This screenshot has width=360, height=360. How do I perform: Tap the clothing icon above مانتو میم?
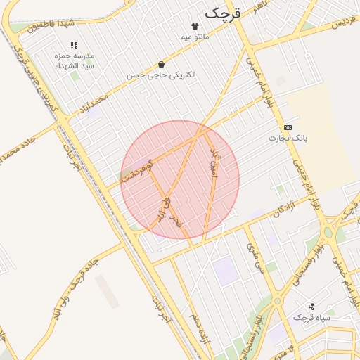pyautogui.click(x=195, y=26)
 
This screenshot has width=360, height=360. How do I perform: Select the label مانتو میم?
pyautogui.click(x=195, y=37)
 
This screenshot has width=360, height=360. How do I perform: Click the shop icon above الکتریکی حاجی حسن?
pyautogui.click(x=162, y=64)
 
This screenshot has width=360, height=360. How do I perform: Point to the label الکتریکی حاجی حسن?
pyautogui.click(x=162, y=75)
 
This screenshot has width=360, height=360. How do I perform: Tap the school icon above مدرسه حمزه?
pyautogui.click(x=75, y=45)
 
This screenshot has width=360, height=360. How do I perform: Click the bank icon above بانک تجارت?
pyautogui.click(x=288, y=127)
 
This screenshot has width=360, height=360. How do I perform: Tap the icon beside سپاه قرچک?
pyautogui.click(x=311, y=307)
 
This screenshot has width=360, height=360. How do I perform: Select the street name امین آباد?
pyautogui.click(x=214, y=164)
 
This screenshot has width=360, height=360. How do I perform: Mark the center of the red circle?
pyautogui.click(x=180, y=180)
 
